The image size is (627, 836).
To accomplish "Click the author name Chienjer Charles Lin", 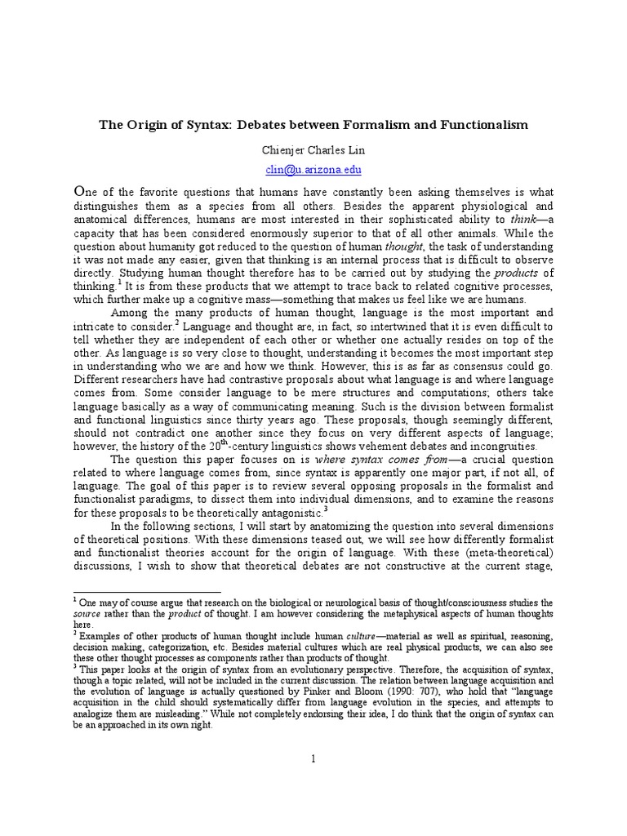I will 313,150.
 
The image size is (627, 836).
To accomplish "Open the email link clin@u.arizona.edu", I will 313,170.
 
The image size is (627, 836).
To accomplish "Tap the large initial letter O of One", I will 80,189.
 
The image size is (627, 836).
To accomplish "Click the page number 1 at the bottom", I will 313,759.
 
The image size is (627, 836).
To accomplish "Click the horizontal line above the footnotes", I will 147,592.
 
